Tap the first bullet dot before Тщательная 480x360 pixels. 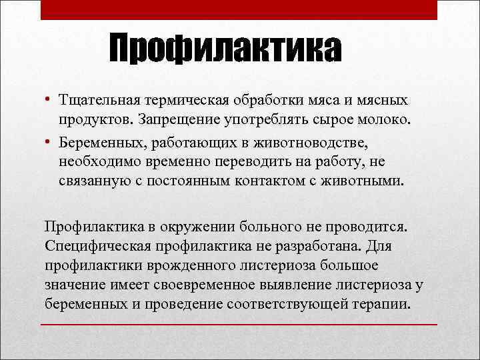[49, 99]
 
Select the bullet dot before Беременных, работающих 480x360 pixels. [49, 143]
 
